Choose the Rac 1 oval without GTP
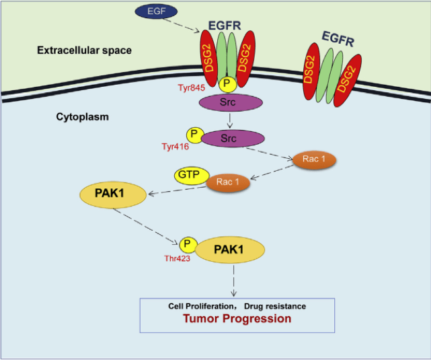pos(314,160)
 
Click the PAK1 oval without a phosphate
pos(113,196)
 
